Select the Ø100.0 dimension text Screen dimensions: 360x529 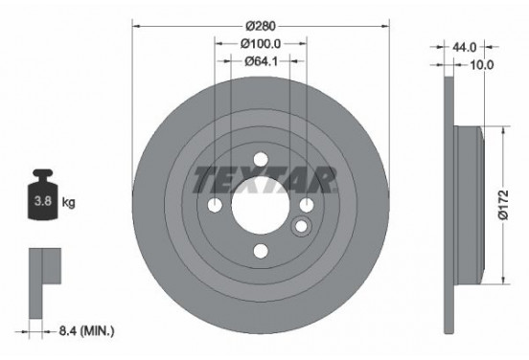tap(261, 43)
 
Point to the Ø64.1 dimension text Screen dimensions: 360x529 tap(261, 62)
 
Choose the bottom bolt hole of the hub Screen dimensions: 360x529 tap(261, 251)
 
